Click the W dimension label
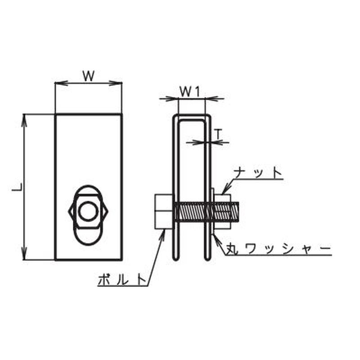[89, 76]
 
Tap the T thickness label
[219, 134]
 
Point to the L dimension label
[17, 187]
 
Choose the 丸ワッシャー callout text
[278, 248]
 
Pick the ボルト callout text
[122, 280]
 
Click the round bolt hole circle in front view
[88, 211]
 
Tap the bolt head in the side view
[164, 211]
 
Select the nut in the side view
[222, 211]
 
